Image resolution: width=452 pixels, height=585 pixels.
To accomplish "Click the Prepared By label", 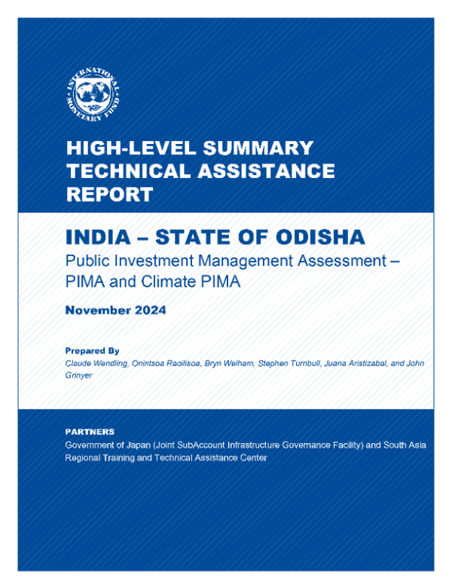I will [93, 351].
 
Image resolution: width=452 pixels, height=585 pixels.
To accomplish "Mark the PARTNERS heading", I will [90, 432].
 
